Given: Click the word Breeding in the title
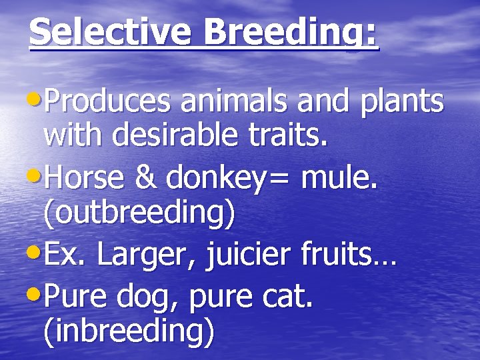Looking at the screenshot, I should point(284,31).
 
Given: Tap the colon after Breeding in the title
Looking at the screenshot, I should point(371,35).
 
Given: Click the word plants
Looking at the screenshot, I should point(401,103).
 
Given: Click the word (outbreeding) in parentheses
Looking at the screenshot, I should point(139,213).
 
